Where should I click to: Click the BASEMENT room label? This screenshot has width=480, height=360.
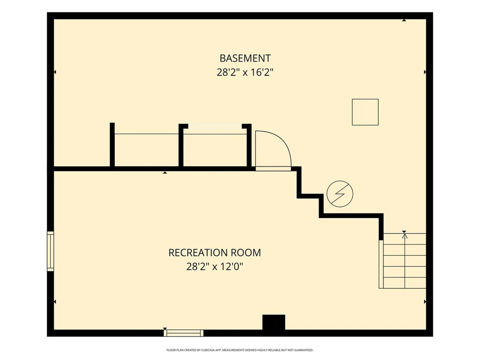245,58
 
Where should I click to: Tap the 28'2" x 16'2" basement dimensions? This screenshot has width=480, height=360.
245,72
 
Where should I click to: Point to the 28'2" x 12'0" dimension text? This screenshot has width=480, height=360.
214,266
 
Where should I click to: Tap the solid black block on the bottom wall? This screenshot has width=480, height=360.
274,322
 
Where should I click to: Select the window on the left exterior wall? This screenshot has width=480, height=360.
50,251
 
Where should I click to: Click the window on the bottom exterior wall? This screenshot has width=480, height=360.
183,333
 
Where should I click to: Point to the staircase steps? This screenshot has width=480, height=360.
405,261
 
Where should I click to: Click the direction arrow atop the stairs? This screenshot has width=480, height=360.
405,236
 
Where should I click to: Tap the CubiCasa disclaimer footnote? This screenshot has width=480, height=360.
240,350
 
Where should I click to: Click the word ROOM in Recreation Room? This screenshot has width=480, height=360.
246,253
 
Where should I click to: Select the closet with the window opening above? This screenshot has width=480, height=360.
215,147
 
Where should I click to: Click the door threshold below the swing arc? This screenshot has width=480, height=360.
273,169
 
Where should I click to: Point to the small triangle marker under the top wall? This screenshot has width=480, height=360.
404,20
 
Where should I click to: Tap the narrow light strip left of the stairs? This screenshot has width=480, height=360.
381,264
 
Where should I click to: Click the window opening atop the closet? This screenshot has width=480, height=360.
215,126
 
